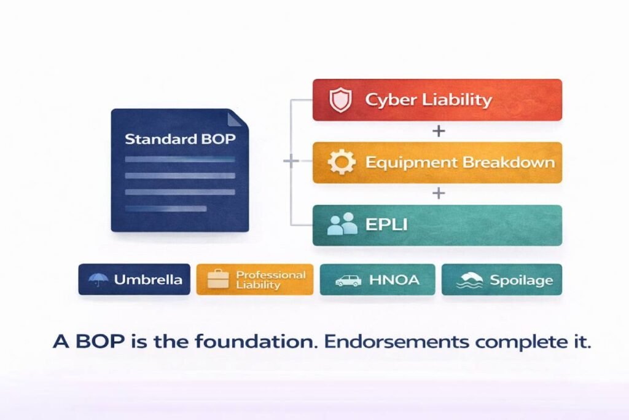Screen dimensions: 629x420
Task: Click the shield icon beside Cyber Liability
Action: [340, 100]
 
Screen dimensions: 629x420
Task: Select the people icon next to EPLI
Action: [342, 224]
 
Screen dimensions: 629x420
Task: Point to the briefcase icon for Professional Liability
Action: [217, 280]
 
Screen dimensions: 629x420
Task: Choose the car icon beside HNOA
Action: [348, 280]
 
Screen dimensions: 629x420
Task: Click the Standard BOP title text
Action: [180, 138]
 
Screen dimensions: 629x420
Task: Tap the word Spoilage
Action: [521, 280]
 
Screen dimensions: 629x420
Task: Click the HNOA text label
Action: [394, 280]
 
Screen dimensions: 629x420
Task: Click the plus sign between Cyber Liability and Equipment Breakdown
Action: [438, 131]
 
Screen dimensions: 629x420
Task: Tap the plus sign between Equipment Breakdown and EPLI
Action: [438, 193]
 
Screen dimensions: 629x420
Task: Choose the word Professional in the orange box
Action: [270, 275]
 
